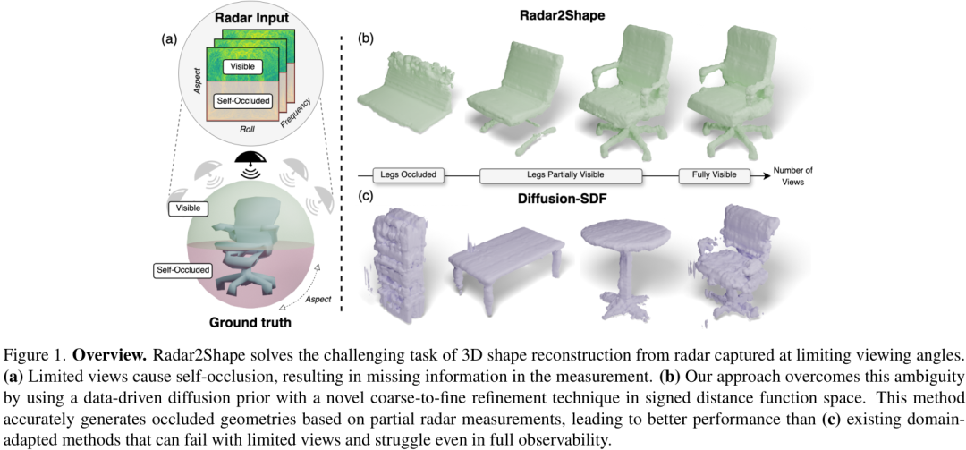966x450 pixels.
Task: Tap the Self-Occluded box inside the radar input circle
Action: [244, 101]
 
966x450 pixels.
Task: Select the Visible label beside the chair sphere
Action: [188, 208]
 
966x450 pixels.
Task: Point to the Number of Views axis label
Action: [792, 175]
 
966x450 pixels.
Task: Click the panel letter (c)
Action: [365, 197]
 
